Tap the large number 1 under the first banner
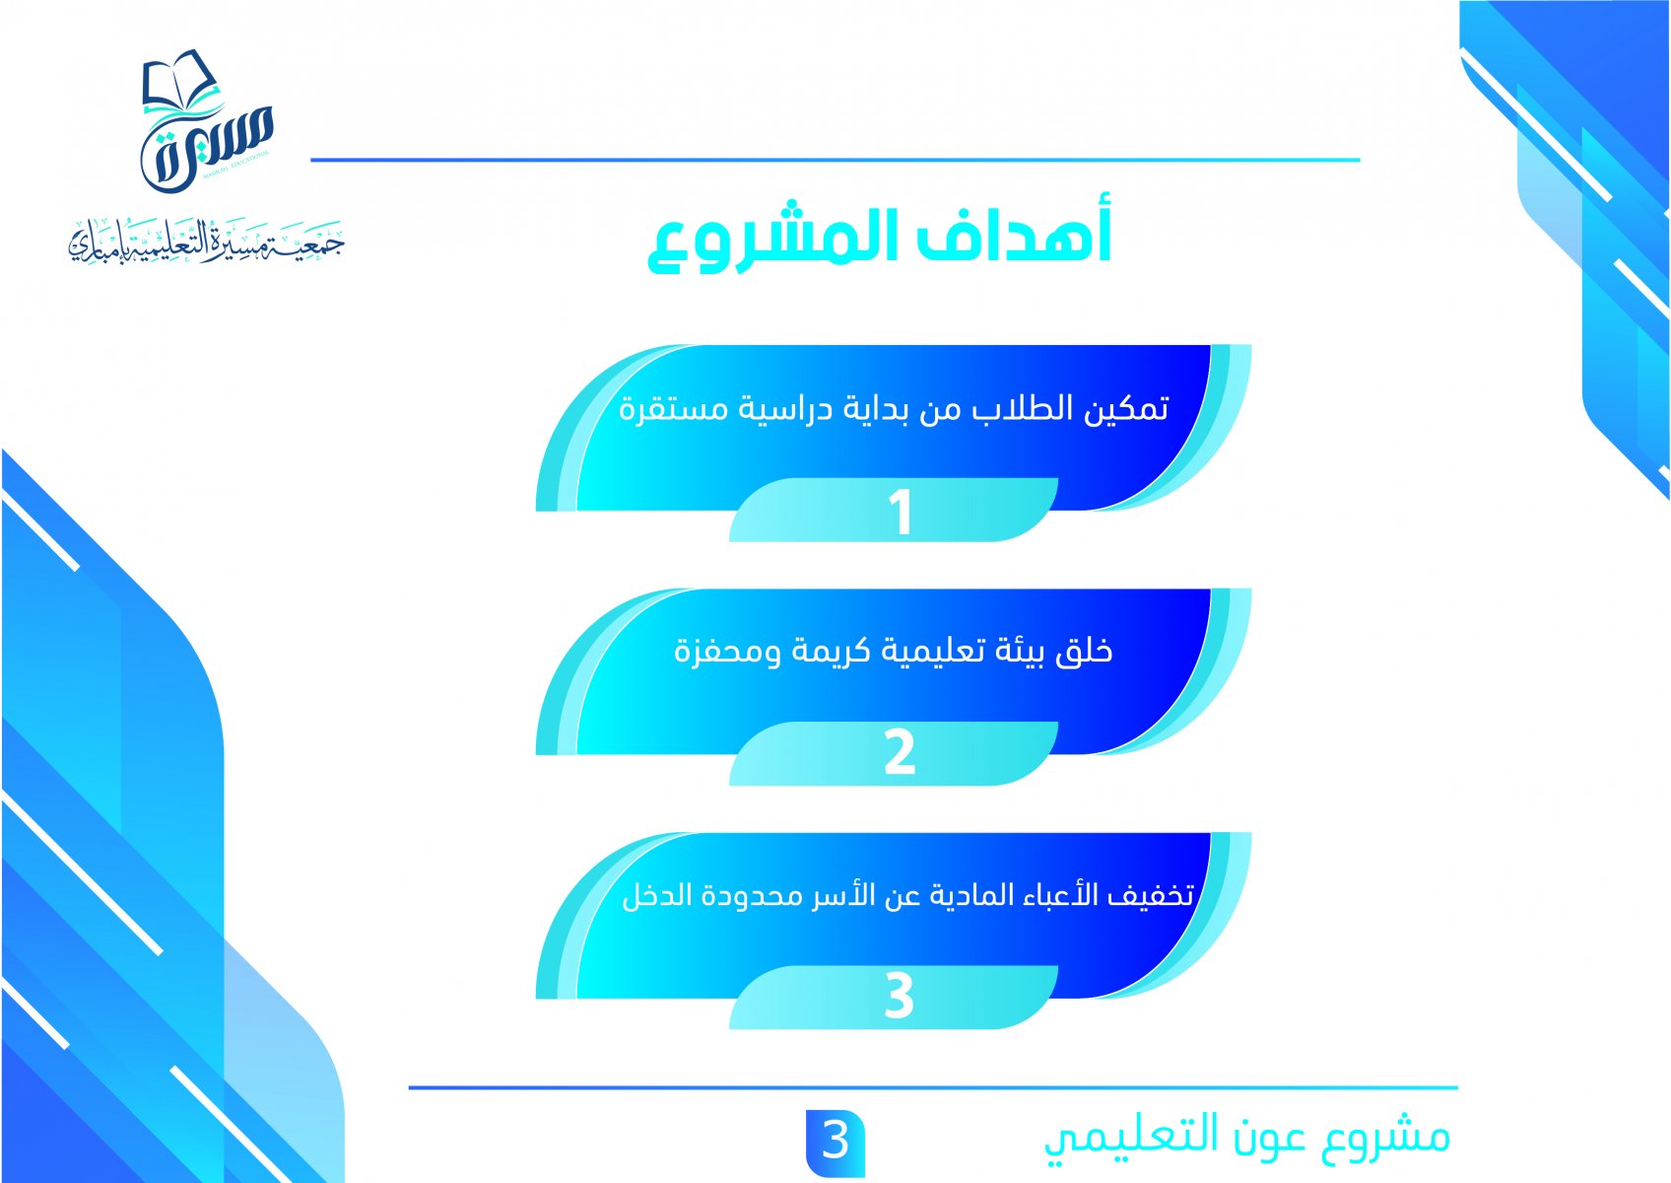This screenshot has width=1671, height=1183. [x=902, y=512]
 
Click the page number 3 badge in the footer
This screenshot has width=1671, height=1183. [x=835, y=1143]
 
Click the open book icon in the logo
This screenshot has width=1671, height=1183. [x=181, y=81]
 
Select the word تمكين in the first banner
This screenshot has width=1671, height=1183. [x=1126, y=409]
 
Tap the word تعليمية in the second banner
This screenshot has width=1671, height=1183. [x=929, y=652]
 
